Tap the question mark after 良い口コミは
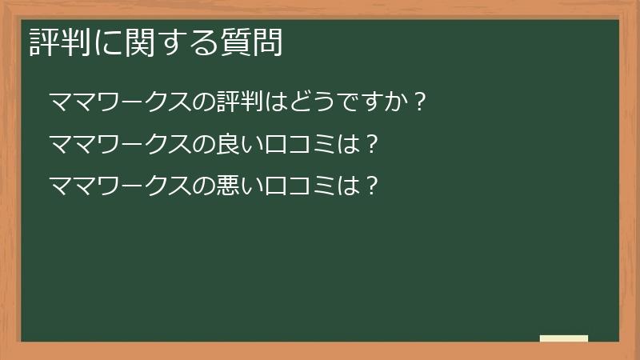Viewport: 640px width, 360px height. click(370, 145)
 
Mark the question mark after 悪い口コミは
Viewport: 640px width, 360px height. click(370, 186)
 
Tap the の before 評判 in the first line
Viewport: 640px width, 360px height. click(205, 103)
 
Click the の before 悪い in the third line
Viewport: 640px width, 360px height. click(205, 186)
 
